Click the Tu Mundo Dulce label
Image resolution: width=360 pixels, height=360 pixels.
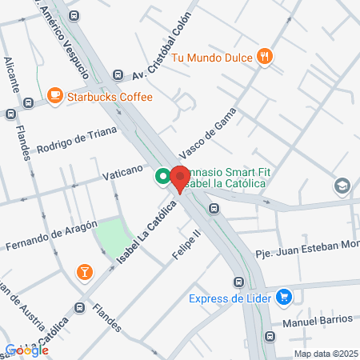click(x=211, y=56)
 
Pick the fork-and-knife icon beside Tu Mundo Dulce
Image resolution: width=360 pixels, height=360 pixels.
click(x=265, y=56)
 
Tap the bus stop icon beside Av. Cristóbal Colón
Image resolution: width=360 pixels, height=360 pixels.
click(x=118, y=75)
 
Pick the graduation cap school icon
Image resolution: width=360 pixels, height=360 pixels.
click(x=342, y=186)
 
